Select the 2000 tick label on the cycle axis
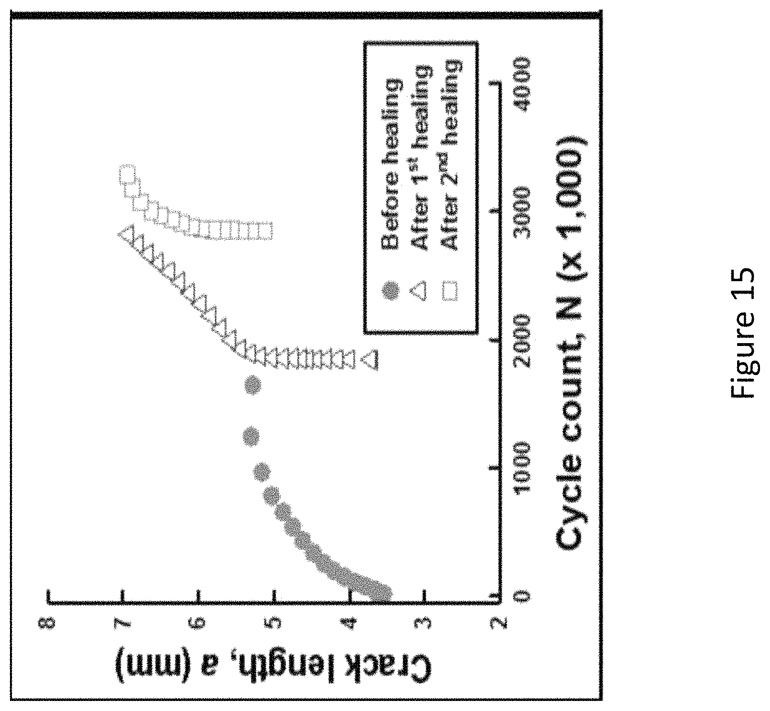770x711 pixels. [x=522, y=339]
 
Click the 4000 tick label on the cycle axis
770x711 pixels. [x=522, y=84]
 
